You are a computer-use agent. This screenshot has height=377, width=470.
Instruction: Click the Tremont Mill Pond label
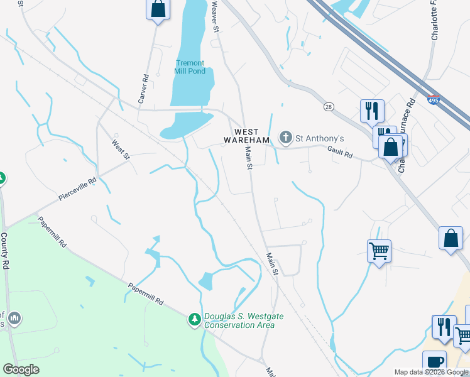(189, 67)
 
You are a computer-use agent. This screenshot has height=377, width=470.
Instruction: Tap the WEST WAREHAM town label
(247, 136)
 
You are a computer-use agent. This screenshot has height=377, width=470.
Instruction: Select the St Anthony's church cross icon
(286, 138)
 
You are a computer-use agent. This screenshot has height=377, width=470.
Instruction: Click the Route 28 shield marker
(329, 107)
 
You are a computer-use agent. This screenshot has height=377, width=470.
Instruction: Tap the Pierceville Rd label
(77, 190)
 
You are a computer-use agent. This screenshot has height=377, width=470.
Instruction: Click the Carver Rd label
(143, 89)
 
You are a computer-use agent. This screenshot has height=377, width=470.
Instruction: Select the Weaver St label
(215, 16)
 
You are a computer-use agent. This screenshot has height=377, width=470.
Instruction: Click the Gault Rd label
(340, 151)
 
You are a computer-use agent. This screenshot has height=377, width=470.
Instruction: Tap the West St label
(120, 149)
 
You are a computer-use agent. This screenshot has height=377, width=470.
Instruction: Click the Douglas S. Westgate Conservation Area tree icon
(195, 320)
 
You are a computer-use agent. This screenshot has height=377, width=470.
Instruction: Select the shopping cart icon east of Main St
(379, 251)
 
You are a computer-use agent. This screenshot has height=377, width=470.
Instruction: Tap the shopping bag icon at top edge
(158, 9)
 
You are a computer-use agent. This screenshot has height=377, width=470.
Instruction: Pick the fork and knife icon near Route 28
(372, 111)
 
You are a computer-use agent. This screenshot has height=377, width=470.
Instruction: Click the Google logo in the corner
(21, 369)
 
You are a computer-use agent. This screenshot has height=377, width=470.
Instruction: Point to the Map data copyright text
(430, 372)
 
